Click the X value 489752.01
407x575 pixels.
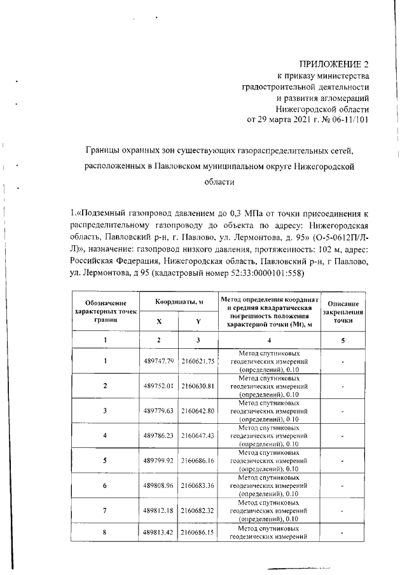159,386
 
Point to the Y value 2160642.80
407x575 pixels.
198,410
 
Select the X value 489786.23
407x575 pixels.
159,435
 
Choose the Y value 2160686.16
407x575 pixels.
198,459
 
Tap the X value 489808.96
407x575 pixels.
159,485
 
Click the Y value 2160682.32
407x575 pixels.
198,510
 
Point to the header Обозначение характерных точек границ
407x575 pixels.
106,312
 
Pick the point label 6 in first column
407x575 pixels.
106,485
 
